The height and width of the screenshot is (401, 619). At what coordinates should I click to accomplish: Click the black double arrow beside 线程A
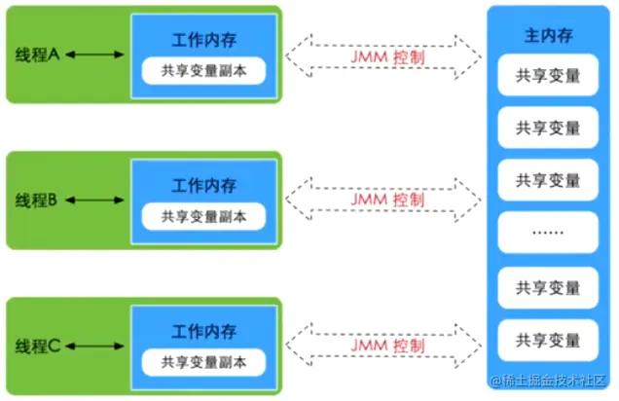pos(94,55)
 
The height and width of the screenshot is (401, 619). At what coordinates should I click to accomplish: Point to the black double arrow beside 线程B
pos(94,200)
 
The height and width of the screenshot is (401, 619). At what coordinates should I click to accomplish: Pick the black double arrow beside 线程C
pos(94,346)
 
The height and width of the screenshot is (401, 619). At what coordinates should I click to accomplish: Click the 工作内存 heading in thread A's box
pos(204,40)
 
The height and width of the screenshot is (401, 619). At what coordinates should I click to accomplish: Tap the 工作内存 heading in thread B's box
pos(204,185)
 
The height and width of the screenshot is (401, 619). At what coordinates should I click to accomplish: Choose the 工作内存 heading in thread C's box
pos(204,331)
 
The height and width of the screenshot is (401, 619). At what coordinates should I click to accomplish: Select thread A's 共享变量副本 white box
pos(204,72)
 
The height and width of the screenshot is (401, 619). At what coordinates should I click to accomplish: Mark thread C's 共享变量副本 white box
pos(204,363)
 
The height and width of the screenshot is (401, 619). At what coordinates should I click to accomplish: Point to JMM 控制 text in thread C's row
pos(386,346)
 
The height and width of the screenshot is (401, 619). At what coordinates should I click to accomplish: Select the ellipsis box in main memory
pos(547,234)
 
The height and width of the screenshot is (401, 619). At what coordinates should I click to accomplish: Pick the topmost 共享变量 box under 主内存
pos(547,76)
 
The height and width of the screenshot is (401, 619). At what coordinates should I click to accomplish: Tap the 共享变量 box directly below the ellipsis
pos(547,288)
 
